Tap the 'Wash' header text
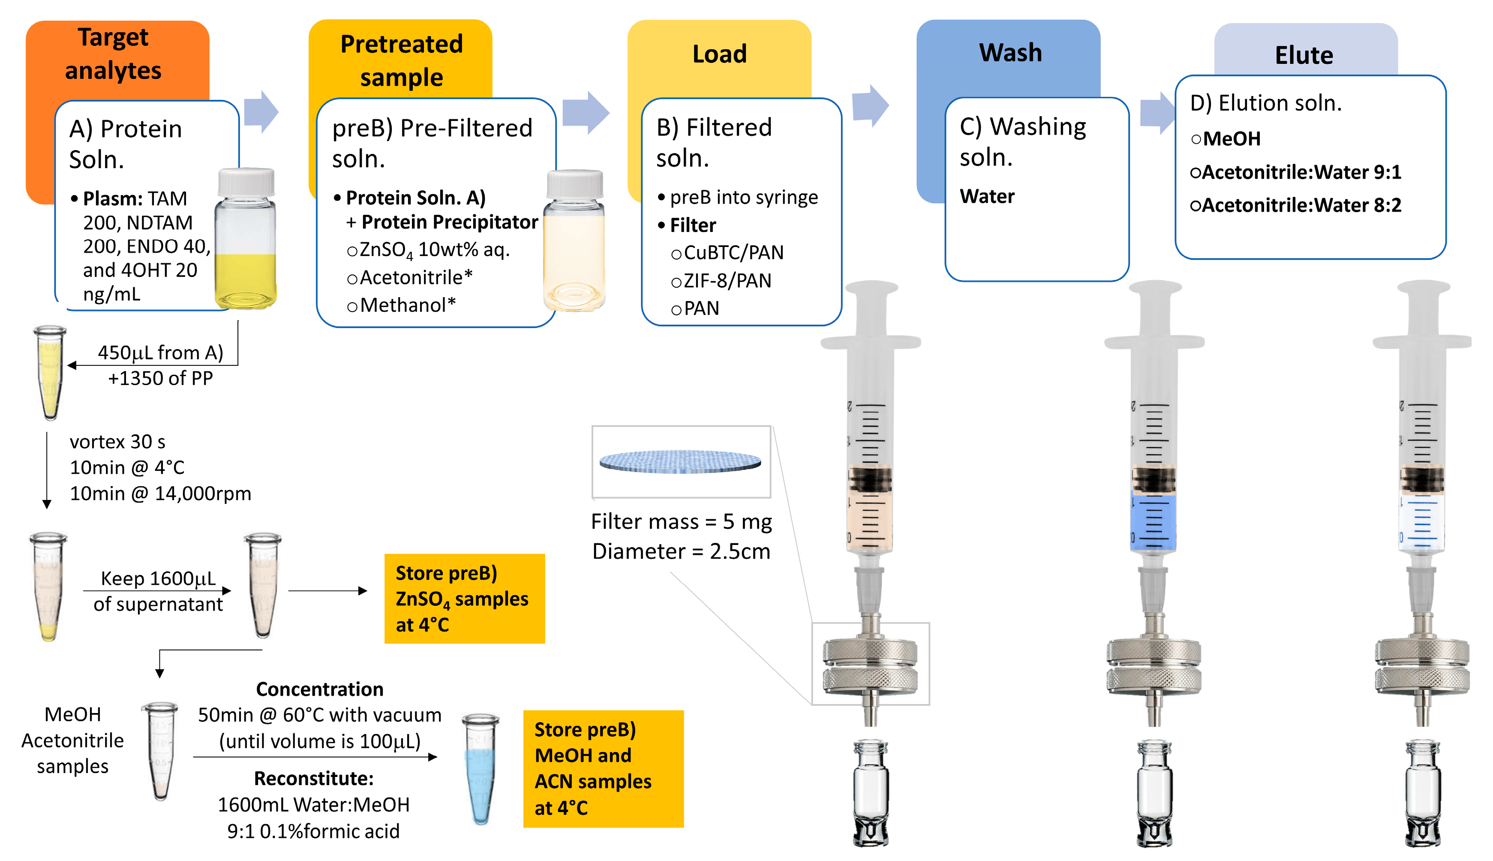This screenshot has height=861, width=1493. [x=1010, y=53]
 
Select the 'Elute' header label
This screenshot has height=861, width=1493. [x=1304, y=55]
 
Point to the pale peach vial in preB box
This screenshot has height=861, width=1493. [x=574, y=242]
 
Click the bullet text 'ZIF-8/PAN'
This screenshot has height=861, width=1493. [x=727, y=281]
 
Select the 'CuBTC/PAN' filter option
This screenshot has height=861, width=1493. [x=733, y=253]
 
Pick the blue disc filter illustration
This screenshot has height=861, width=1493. [x=680, y=462]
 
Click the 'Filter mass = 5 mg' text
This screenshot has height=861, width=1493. [x=681, y=521]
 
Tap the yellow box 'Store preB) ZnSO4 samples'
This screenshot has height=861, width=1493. [x=464, y=599]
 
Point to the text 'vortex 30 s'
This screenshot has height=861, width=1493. [x=117, y=442]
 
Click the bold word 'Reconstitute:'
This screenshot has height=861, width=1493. [x=313, y=778]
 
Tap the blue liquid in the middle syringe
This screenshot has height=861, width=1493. [x=1153, y=521]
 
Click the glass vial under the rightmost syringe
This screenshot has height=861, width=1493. [x=1423, y=792]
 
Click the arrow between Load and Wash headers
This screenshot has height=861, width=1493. [x=870, y=106]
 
